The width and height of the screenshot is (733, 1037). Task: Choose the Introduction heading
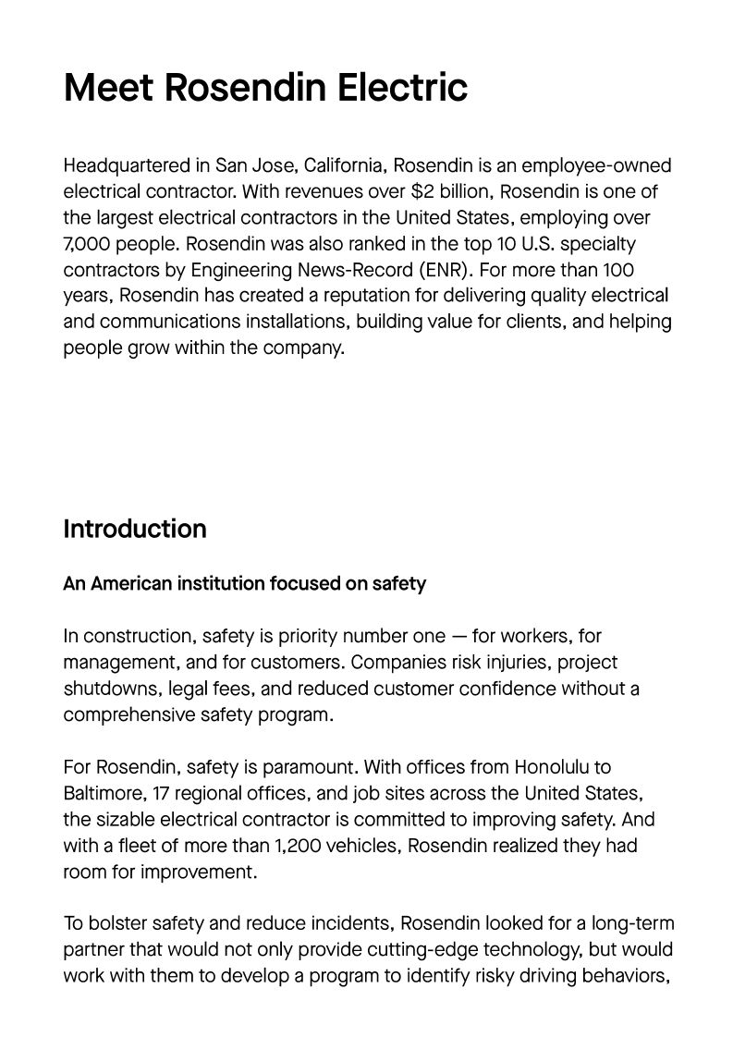[135, 529]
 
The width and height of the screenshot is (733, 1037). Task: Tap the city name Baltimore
[104, 793]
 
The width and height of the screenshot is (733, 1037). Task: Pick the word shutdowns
[108, 689]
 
